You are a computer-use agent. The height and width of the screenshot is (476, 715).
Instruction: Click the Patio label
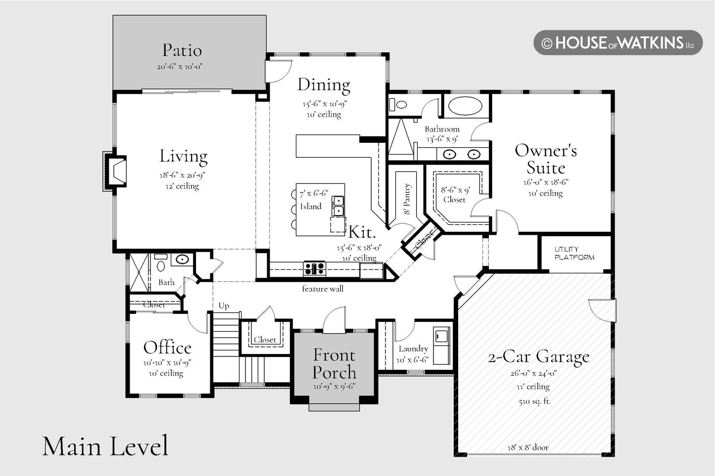(x=182, y=50)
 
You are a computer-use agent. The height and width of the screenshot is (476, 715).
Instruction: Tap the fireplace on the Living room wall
(x=115, y=171)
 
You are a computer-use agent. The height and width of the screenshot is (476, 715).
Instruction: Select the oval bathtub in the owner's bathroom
(x=465, y=105)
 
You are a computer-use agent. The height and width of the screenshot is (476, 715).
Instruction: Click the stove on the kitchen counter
(x=314, y=268)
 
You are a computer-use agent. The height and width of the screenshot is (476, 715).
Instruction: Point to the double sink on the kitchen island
(x=337, y=206)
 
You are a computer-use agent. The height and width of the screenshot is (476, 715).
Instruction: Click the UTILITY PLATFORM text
(x=574, y=253)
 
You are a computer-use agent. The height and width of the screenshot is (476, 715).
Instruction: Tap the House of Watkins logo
(x=618, y=43)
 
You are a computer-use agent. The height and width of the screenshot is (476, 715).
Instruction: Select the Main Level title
(x=105, y=446)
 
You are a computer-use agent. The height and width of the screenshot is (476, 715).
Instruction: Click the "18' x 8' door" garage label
(x=528, y=447)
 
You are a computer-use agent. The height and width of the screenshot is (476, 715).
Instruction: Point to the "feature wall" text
(x=323, y=289)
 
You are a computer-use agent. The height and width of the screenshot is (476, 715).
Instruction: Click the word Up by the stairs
(x=224, y=306)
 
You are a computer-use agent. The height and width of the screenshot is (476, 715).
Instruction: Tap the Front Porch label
(x=334, y=363)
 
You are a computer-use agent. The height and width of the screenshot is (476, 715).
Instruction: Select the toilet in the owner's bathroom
(x=398, y=104)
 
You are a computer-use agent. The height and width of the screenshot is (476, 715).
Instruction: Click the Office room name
(x=167, y=347)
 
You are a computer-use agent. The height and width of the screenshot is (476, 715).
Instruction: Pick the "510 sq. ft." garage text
(x=535, y=401)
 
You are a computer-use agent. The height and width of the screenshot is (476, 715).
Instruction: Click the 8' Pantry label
(x=407, y=199)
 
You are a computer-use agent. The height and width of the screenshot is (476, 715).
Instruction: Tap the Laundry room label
(x=413, y=349)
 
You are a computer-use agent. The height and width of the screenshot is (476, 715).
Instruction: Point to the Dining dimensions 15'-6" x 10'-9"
(x=325, y=104)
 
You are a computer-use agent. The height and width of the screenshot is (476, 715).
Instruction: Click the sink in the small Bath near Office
(x=182, y=259)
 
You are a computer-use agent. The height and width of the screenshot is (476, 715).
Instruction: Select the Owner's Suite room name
(x=546, y=159)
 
